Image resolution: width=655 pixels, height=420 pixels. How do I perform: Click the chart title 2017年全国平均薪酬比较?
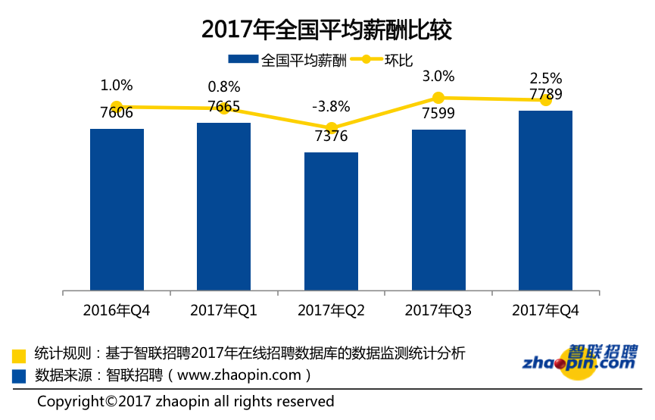point(326,30)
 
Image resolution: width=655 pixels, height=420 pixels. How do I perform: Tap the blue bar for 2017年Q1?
point(224,206)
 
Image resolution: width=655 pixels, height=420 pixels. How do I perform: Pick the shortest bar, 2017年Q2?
point(331,221)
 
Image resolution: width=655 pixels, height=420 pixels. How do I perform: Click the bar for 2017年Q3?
point(438,210)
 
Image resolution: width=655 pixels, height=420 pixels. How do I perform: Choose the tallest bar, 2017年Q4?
point(545,200)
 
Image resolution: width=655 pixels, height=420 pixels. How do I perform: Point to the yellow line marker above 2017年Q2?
point(331,128)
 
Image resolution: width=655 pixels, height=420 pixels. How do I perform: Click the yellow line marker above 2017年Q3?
point(438,97)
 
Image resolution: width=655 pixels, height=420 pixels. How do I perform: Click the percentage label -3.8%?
point(331,107)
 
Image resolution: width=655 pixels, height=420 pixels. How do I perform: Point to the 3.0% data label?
point(438,76)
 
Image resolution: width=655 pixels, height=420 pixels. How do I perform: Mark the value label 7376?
point(331,136)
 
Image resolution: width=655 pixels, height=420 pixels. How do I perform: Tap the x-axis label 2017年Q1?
point(224,310)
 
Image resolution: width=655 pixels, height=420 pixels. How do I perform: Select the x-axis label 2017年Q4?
point(545,310)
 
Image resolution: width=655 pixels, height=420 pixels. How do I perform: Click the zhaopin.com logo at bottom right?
point(579,358)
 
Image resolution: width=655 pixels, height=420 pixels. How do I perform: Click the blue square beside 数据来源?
point(19,375)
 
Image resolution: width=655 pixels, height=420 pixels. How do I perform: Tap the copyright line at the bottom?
point(186,401)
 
